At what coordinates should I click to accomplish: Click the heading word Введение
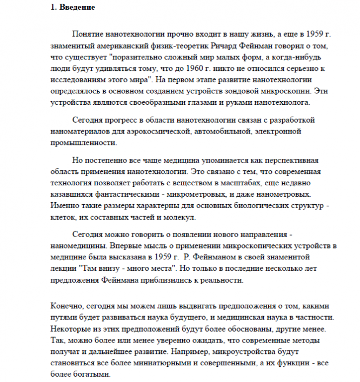click(x=77, y=8)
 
